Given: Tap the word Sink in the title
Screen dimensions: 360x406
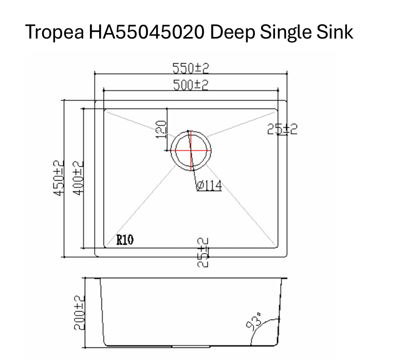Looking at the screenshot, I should click(x=335, y=32).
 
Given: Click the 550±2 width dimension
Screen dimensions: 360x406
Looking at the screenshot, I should click(x=190, y=69).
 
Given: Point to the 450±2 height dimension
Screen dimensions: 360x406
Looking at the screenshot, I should click(x=59, y=177).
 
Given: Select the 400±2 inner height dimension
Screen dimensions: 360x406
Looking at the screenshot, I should click(x=78, y=177).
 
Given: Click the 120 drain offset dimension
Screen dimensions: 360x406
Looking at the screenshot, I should click(x=160, y=129).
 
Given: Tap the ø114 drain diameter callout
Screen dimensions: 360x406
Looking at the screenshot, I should click(x=209, y=186).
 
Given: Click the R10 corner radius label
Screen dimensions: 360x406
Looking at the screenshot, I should click(x=125, y=239).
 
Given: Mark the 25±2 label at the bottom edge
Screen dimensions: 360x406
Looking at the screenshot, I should click(x=204, y=251).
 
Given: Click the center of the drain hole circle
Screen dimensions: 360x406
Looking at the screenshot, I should click(x=191, y=151).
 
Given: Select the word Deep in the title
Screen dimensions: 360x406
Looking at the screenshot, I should click(x=233, y=32).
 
